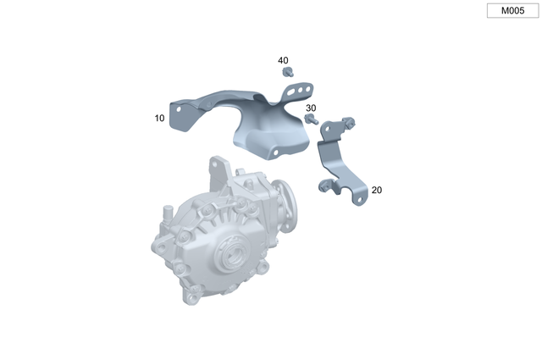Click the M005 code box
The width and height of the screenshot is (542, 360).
(x=512, y=11)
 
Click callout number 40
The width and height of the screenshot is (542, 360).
(x=283, y=61)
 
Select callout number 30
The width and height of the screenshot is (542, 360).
(x=311, y=108)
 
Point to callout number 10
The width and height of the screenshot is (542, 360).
(x=160, y=119)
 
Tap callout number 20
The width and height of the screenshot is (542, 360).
(x=376, y=191)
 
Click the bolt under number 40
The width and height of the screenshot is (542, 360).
(x=288, y=74)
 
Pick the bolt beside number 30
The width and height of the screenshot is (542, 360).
(x=310, y=120)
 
